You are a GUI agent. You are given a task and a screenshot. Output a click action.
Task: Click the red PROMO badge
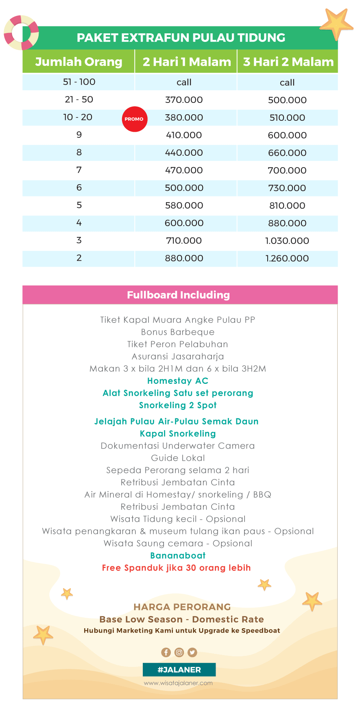coord(135,119)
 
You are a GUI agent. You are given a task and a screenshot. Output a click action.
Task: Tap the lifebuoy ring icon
coord(21,33)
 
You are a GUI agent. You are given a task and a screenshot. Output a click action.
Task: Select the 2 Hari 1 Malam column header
coord(186,62)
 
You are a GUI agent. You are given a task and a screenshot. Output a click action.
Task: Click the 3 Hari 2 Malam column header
coord(288,62)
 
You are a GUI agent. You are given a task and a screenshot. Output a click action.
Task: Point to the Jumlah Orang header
coord(79,62)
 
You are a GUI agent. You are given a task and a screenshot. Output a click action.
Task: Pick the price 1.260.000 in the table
coord(287,258)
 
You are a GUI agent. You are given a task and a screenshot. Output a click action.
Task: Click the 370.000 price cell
coord(184,100)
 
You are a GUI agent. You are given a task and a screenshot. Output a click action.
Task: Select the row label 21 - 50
coord(79,100)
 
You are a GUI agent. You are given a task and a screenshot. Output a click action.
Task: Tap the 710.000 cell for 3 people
coord(184,241)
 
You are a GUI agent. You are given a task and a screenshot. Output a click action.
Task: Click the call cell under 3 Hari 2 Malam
coord(287,83)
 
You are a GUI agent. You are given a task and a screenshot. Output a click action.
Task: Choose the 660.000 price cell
coord(287,153)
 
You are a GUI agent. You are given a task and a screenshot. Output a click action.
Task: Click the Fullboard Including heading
coord(178,295)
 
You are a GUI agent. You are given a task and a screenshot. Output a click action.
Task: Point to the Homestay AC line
coord(178,381)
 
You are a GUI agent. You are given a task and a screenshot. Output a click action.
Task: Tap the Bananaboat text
coord(178,555)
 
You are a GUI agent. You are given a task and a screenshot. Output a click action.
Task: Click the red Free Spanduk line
coord(176,568)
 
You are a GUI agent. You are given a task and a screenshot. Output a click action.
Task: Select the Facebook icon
coord(166,652)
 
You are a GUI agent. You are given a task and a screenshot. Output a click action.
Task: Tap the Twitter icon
coord(192,652)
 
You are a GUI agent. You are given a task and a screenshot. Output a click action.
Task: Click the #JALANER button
coord(179,670)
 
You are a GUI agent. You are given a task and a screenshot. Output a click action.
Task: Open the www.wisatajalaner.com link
coord(178,683)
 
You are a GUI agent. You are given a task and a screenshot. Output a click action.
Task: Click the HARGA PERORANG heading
coord(182,607)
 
